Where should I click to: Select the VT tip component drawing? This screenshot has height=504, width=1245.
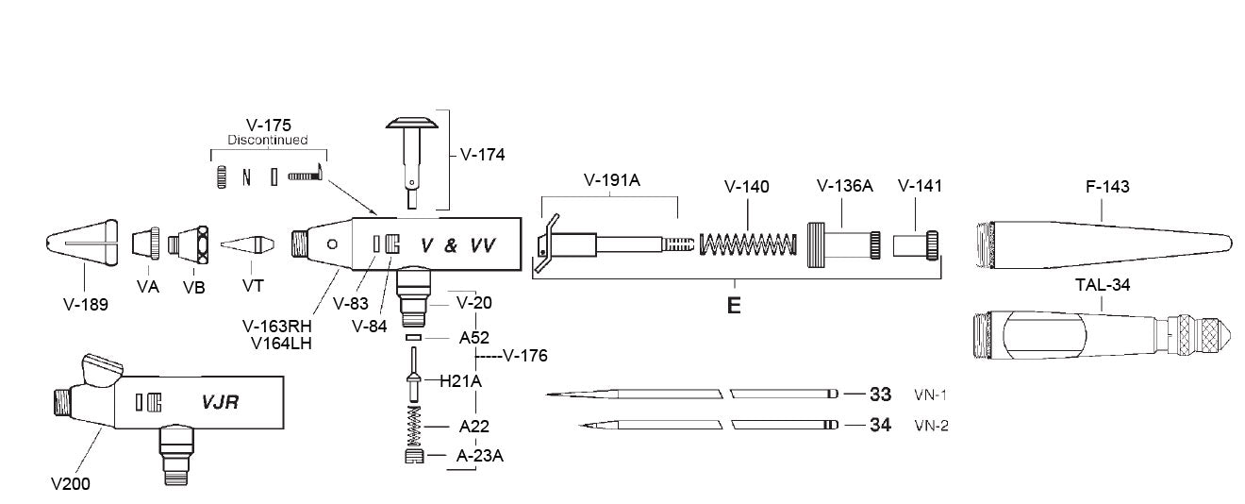247,244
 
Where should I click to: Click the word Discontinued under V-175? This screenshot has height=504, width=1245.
268,140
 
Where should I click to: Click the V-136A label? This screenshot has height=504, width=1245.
844,187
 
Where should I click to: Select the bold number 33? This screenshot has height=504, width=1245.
880,394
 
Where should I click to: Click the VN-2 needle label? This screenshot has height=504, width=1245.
931,426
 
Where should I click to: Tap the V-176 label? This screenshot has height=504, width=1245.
525,356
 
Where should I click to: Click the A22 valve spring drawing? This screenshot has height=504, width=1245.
412,426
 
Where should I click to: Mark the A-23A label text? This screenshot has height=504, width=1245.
479,456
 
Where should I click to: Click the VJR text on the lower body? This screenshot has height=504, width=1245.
219,402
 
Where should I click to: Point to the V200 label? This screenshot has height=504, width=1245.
70,483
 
